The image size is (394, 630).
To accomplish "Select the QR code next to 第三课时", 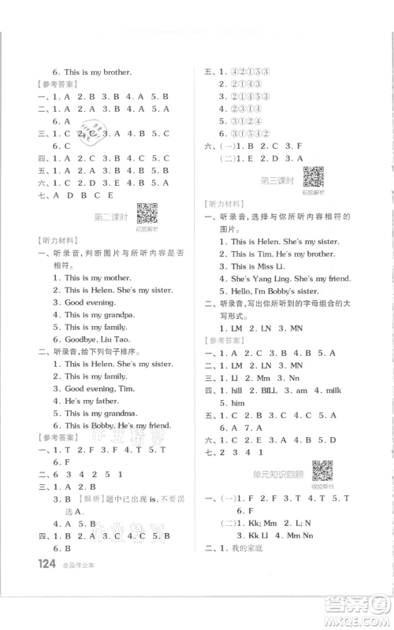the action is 314,178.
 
